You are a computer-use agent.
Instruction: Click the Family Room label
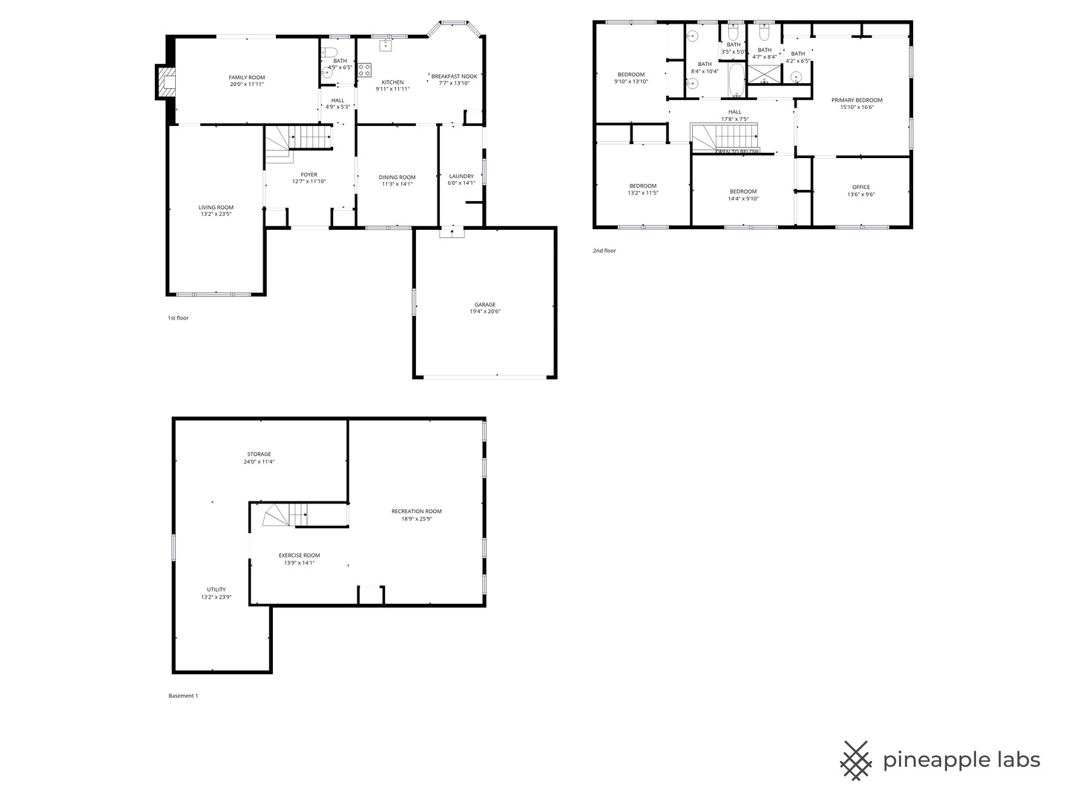tap(246, 77)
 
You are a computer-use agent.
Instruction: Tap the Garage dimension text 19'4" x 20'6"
tap(485, 312)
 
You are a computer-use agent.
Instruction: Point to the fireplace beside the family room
tap(165, 82)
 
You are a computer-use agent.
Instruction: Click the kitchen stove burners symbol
tap(364, 70)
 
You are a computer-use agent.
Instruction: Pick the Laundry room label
tap(461, 177)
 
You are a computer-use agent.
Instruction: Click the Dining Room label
tap(397, 177)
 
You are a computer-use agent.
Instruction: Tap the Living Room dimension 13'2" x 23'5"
tap(216, 214)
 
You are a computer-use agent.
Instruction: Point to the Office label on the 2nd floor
tap(861, 187)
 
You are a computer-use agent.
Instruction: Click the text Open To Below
tap(737, 151)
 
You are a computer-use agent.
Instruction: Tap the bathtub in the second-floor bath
tap(736, 81)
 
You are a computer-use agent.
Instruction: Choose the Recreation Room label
tap(417, 511)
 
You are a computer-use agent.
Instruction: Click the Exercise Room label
tap(299, 555)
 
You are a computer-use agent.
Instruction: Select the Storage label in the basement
tap(259, 454)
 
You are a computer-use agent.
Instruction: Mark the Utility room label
tap(217, 590)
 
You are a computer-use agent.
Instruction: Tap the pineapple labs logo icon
tap(856, 760)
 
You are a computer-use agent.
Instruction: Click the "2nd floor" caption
tap(604, 251)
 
